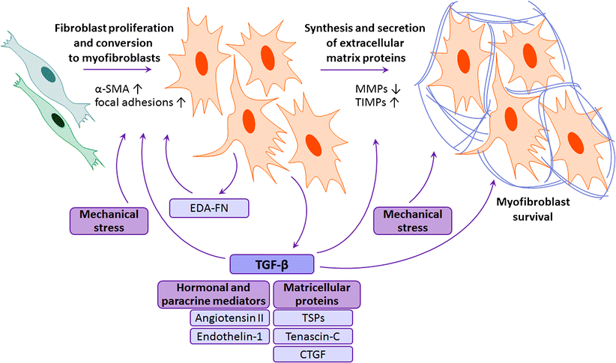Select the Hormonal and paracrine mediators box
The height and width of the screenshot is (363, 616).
pos(212,293)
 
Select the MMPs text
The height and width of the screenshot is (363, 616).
pos(372,89)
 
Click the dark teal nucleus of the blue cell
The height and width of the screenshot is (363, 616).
pos(50,73)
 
